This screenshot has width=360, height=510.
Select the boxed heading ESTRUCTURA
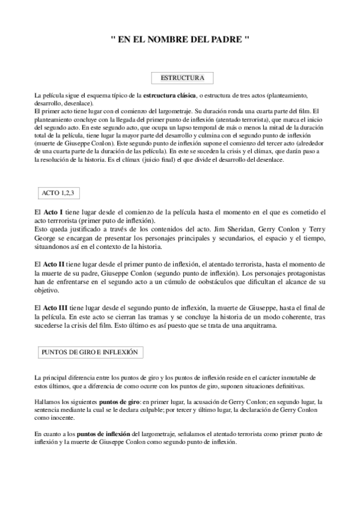click(x=183, y=78)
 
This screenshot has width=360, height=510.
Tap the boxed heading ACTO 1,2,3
click(x=58, y=193)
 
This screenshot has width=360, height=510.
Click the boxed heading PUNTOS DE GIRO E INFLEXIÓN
click(x=89, y=352)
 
